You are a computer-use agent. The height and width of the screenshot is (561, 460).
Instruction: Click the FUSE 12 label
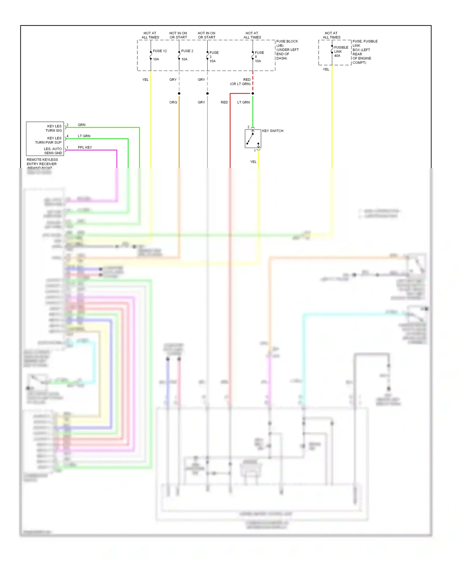[160, 51]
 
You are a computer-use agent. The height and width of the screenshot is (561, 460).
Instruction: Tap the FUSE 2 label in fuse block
[187, 51]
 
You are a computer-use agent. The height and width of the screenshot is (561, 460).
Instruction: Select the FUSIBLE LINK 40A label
[341, 52]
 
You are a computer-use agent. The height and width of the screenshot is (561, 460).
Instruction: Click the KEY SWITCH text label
[273, 131]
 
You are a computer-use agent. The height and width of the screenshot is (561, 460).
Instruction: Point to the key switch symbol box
[253, 139]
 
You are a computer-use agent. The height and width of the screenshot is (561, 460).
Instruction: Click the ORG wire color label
[173, 102]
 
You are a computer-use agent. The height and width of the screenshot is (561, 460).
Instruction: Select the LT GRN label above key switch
[243, 102]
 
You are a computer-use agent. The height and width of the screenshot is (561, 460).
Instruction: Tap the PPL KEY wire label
[85, 147]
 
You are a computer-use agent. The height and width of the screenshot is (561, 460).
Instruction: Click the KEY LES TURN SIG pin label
[54, 128]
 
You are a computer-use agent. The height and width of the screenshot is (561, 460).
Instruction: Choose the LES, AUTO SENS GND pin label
[53, 151]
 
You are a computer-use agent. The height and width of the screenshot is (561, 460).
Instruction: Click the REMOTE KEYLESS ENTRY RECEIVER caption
[42, 162]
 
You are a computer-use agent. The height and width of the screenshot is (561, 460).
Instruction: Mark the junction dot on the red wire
[253, 93]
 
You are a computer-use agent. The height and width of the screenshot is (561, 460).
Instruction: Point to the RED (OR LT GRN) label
[241, 82]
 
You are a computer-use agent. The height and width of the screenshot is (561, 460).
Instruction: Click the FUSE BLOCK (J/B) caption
[287, 50]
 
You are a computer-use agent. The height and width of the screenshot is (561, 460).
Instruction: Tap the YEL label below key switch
[253, 162]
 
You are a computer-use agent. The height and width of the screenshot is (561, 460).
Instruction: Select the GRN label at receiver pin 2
[82, 125]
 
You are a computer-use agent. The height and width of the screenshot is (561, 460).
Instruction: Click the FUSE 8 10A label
[259, 57]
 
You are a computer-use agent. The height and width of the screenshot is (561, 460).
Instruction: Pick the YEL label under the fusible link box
[326, 69]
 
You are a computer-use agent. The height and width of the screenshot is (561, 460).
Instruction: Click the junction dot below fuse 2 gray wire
[179, 93]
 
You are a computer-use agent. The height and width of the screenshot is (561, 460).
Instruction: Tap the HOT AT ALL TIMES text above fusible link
[331, 35]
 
